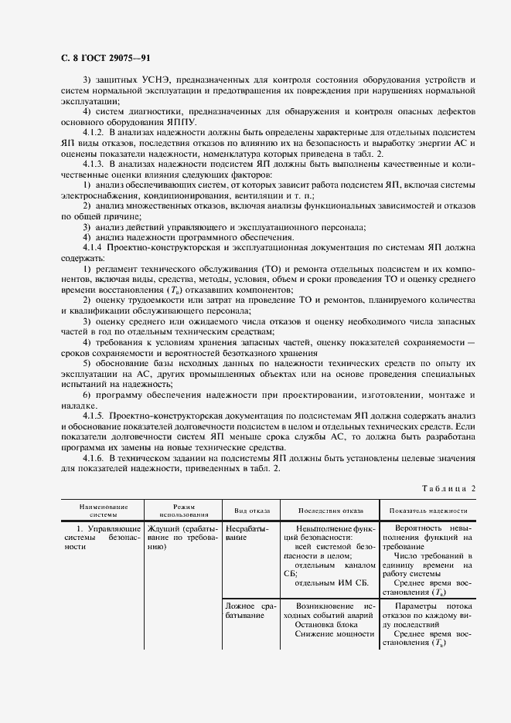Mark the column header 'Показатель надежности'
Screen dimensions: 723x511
point(428,511)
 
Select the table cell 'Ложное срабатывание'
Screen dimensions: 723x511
point(247,606)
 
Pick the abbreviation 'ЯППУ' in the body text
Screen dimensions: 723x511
point(181,122)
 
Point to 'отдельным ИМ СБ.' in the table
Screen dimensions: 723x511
point(333,582)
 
